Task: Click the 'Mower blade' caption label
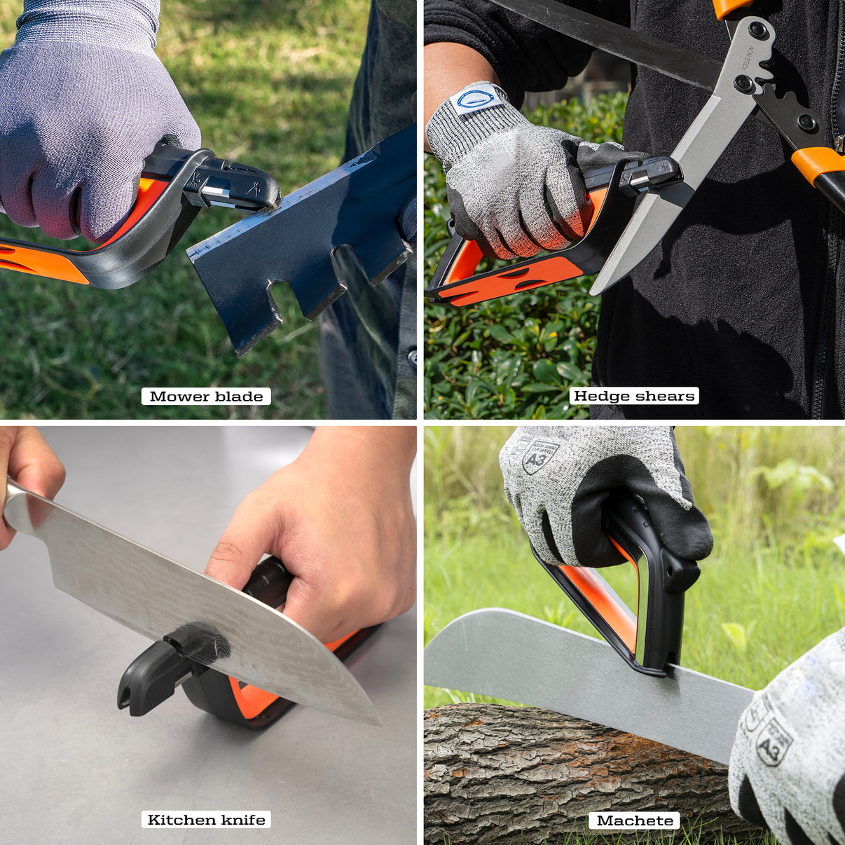[x=206, y=397]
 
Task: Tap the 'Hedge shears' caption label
[x=634, y=396]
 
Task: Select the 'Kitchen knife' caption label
[x=207, y=820]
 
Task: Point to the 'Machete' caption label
[x=635, y=820]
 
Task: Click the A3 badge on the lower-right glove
[x=774, y=741]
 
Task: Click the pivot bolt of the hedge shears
[x=744, y=84]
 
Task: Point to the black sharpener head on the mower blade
[x=231, y=186]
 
